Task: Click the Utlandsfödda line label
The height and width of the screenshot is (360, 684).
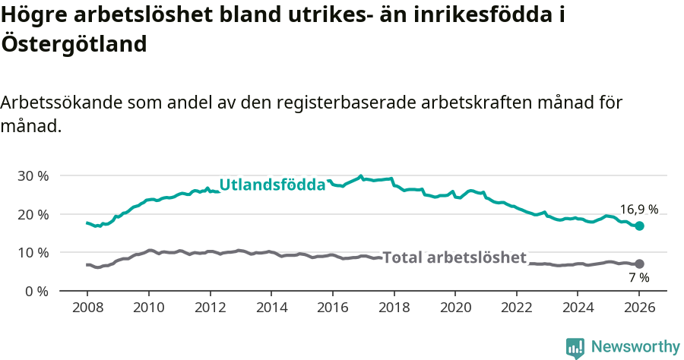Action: click(x=272, y=185)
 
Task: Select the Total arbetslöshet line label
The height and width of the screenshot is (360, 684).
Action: click(x=454, y=257)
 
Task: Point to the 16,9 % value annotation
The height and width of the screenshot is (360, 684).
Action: click(x=638, y=209)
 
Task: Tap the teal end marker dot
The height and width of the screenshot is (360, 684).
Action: click(x=639, y=226)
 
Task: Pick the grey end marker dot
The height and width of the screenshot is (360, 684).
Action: click(x=639, y=264)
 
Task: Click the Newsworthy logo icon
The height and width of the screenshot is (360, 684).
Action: click(x=575, y=347)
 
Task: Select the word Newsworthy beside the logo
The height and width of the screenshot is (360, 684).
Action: click(x=635, y=347)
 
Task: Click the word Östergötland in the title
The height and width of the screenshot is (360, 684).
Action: click(x=74, y=44)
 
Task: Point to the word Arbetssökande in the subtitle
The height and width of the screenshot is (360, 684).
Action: click(x=59, y=103)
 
